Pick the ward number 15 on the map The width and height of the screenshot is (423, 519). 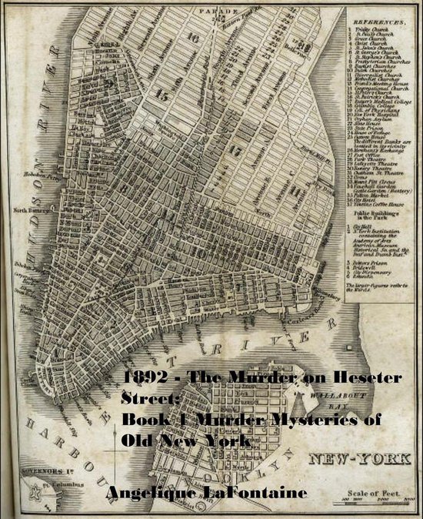click(x=162, y=95)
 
